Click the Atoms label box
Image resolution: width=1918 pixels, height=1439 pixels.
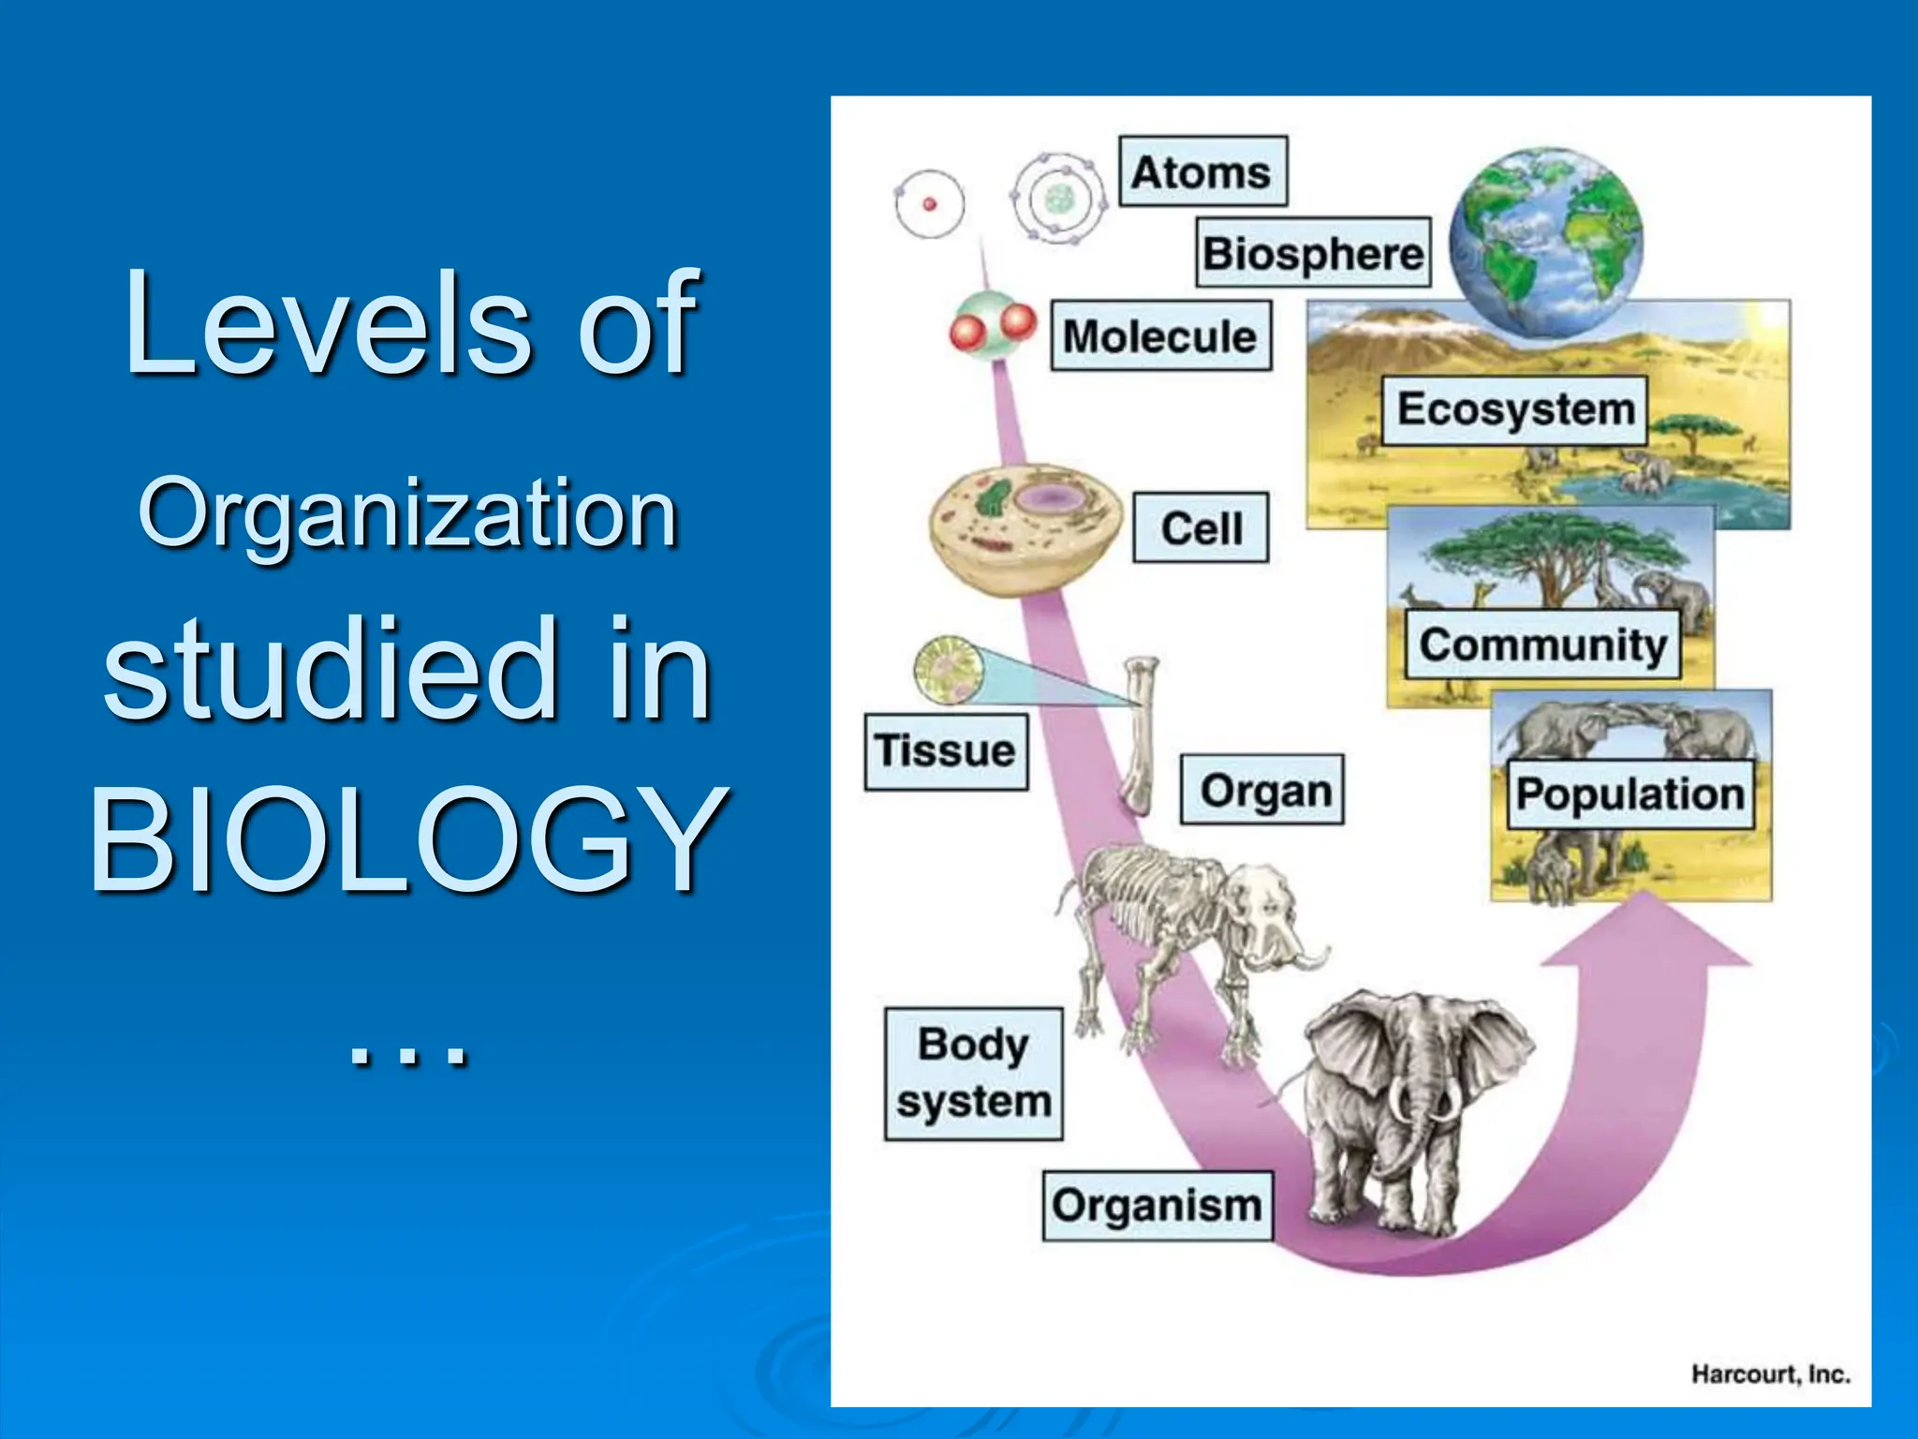[1202, 172]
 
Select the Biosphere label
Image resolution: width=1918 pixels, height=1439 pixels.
[1313, 253]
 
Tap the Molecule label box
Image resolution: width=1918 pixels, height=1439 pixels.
[1160, 336]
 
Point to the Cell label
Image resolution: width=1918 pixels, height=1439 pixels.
[1201, 528]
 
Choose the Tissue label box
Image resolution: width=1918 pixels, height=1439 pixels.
[945, 751]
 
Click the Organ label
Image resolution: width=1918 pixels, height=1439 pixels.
[1261, 791]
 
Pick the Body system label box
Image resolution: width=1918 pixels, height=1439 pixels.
[974, 1074]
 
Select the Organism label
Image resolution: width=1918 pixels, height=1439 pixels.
[1158, 1206]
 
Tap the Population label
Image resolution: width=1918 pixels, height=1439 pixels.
[1630, 794]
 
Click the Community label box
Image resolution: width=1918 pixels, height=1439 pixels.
[1542, 645]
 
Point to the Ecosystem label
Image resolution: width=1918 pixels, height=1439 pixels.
[1515, 410]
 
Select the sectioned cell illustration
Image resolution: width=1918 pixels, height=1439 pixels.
[1025, 528]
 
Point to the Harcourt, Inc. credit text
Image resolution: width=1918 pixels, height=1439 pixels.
[1770, 1374]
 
